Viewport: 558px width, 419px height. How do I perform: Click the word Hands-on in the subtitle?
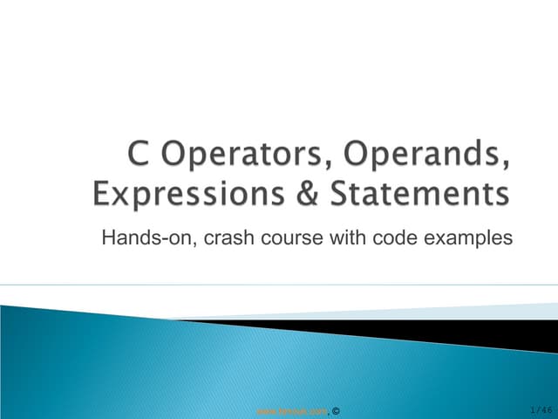pyautogui.click(x=141, y=236)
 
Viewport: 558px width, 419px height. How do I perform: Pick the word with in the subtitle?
pyautogui.click(x=344, y=236)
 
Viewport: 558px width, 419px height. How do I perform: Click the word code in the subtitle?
pyautogui.click(x=388, y=236)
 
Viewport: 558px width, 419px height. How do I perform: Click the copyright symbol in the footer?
pyautogui.click(x=337, y=409)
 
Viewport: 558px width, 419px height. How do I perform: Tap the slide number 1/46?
pyautogui.click(x=541, y=409)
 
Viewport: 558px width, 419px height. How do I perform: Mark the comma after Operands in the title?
pyautogui.click(x=507, y=169)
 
